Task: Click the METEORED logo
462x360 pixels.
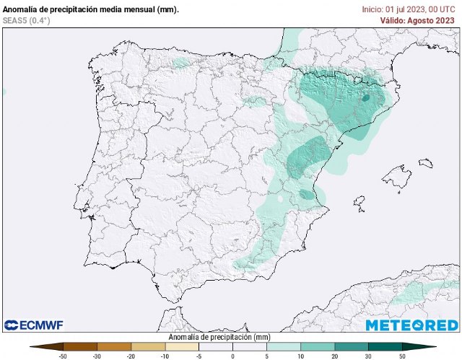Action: pyautogui.click(x=411, y=325)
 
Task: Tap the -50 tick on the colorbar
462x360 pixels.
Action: pyautogui.click(x=63, y=356)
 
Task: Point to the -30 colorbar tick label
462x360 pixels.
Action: pyautogui.click(x=97, y=356)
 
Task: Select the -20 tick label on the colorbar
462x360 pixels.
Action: pyautogui.click(x=131, y=356)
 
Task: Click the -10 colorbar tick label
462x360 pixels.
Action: pyautogui.click(x=165, y=356)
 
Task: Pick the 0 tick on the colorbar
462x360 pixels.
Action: pyautogui.click(x=232, y=356)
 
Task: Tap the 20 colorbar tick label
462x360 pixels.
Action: pyautogui.click(x=334, y=356)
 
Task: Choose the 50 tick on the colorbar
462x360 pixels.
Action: pyautogui.click(x=402, y=356)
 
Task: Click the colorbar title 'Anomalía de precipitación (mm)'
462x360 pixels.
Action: pyautogui.click(x=219, y=337)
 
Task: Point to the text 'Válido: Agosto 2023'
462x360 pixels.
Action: pyautogui.click(x=417, y=20)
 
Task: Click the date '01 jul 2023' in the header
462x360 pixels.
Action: pyautogui.click(x=408, y=9)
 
